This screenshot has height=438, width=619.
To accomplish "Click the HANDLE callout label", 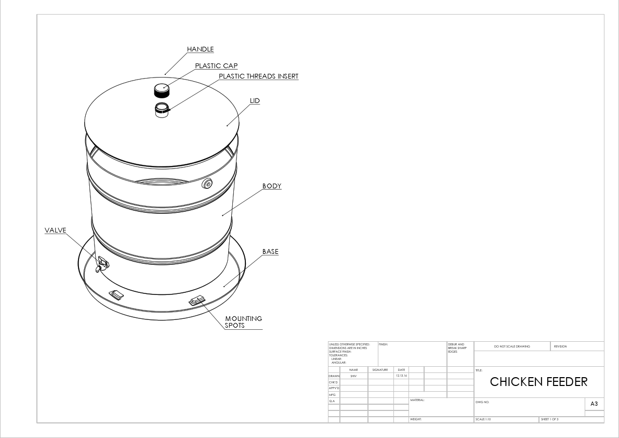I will (200, 49).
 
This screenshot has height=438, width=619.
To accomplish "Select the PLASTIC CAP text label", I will (216, 66).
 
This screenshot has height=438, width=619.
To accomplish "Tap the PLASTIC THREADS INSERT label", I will (258, 76).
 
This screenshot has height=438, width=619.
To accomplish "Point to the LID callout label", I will (255, 100).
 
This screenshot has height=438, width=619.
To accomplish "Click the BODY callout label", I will (272, 186).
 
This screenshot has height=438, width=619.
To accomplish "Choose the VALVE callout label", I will (56, 230).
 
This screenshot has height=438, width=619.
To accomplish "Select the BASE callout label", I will (270, 252).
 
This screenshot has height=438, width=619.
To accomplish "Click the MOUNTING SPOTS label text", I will (243, 322).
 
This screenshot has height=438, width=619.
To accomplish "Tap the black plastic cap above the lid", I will (162, 91).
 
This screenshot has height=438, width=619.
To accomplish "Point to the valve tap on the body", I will (102, 264).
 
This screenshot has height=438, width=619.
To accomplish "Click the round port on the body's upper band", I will (208, 183).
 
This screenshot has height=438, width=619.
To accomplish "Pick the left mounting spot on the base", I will (116, 295).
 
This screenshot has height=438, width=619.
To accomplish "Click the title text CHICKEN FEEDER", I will (538, 382).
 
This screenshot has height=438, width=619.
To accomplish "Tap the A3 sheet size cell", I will (595, 404).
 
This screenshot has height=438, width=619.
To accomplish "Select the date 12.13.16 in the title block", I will (401, 376).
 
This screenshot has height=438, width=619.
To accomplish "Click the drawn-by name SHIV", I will (353, 376).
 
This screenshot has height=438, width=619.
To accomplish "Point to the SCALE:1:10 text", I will (483, 419).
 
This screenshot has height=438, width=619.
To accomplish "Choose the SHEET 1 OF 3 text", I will (549, 419).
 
